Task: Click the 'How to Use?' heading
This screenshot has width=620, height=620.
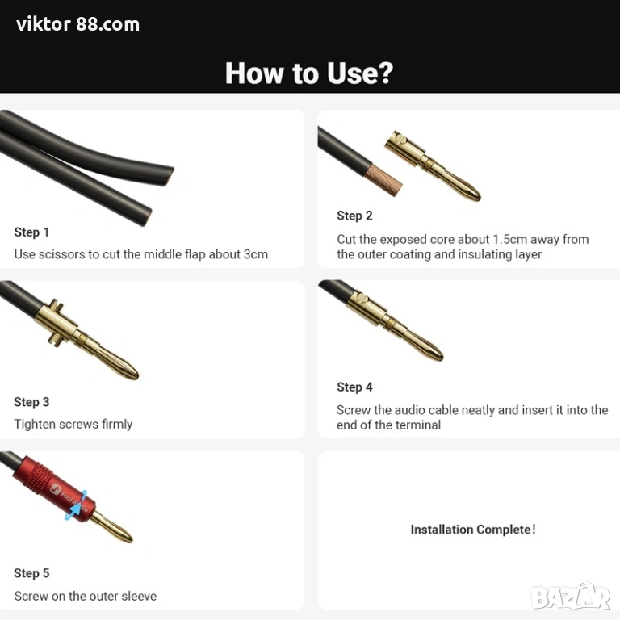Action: pyautogui.click(x=309, y=73)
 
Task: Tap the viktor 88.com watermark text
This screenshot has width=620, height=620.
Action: pyautogui.click(x=77, y=24)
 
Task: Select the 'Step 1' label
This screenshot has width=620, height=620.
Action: pyautogui.click(x=31, y=232)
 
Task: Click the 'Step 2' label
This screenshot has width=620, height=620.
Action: pyautogui.click(x=354, y=216)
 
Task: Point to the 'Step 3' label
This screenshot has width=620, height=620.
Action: pyautogui.click(x=31, y=402)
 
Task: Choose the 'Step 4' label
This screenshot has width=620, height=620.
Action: pyautogui.click(x=354, y=387)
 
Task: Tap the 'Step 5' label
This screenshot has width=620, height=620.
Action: pyautogui.click(x=31, y=573)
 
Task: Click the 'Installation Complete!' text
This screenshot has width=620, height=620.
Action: pyautogui.click(x=473, y=530)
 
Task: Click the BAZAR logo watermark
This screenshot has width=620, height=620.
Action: pyautogui.click(x=571, y=597)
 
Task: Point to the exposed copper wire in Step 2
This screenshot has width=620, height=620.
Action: pyautogui.click(x=383, y=181)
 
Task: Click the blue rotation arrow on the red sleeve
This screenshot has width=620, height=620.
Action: pyautogui.click(x=77, y=506)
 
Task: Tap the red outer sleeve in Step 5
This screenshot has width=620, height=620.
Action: pyautogui.click(x=54, y=488)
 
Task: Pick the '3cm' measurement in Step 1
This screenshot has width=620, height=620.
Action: pyautogui.click(x=255, y=254)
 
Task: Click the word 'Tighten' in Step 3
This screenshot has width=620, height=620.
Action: pyautogui.click(x=36, y=425)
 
